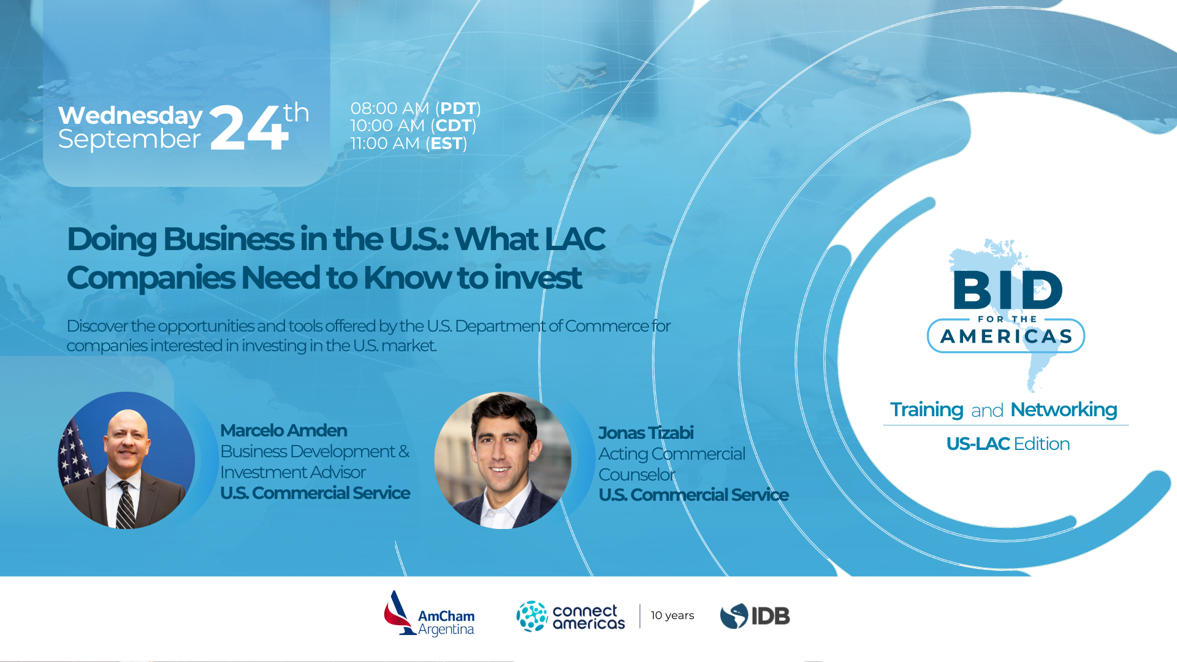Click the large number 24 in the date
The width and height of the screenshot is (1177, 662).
pyautogui.click(x=248, y=128)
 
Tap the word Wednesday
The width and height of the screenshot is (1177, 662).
pyautogui.click(x=130, y=115)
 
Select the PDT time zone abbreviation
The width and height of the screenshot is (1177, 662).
pyautogui.click(x=458, y=108)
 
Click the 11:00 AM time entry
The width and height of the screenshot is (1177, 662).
pyautogui.click(x=385, y=143)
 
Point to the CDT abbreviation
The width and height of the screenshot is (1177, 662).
pyautogui.click(x=454, y=126)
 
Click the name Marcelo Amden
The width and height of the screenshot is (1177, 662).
pyautogui.click(x=283, y=430)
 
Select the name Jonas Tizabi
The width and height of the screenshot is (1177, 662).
pyautogui.click(x=646, y=433)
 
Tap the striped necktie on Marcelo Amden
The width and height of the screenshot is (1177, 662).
pyautogui.click(x=126, y=505)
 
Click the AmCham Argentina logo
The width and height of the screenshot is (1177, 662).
pyautogui.click(x=430, y=615)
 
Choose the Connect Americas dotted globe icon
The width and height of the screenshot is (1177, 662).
pyautogui.click(x=531, y=616)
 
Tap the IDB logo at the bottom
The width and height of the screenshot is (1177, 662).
pyautogui.click(x=755, y=616)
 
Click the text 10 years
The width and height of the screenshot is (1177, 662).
pyautogui.click(x=672, y=615)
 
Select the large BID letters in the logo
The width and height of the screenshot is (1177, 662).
pyautogui.click(x=1007, y=291)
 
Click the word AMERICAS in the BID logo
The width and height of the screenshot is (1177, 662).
pyautogui.click(x=1006, y=337)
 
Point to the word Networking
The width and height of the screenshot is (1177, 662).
pyautogui.click(x=1063, y=409)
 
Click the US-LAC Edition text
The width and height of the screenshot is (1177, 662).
pyautogui.click(x=1007, y=444)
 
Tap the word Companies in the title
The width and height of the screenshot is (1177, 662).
pyautogui.click(x=151, y=278)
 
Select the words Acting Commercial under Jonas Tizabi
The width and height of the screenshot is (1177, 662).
pyautogui.click(x=671, y=454)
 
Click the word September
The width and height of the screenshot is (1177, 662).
pyautogui.click(x=129, y=139)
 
